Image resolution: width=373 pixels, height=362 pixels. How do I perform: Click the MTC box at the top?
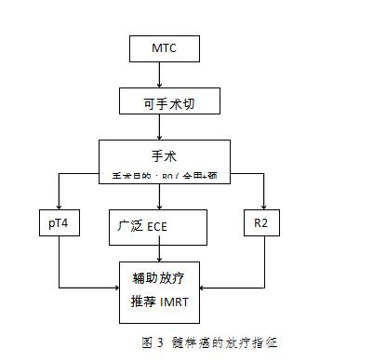162,47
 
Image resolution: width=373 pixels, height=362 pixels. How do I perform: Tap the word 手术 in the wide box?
163,155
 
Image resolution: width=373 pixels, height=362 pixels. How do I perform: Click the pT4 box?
59,223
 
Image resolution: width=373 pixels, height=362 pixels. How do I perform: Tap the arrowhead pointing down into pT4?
59,208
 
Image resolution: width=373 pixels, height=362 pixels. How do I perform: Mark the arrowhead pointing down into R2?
265,208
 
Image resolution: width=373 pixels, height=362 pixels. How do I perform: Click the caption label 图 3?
151,342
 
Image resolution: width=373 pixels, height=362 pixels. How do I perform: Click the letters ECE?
157,225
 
